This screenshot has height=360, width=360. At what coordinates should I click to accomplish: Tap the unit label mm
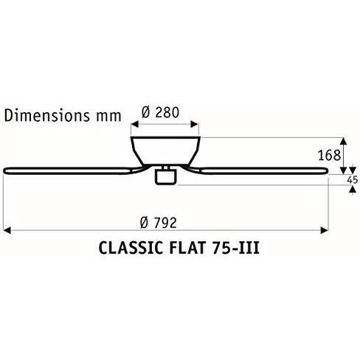[108, 117]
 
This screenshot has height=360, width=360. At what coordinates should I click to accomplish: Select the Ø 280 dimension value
[160, 112]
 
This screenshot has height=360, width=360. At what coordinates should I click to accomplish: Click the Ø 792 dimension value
[159, 223]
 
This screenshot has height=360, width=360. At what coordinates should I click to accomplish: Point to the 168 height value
[330, 155]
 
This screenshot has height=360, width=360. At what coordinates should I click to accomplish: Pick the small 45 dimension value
[352, 180]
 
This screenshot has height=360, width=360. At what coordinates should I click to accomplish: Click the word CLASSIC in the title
[131, 248]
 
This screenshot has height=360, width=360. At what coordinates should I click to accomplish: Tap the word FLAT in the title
[187, 248]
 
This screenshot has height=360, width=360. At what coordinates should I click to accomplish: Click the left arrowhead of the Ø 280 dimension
[135, 125]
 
